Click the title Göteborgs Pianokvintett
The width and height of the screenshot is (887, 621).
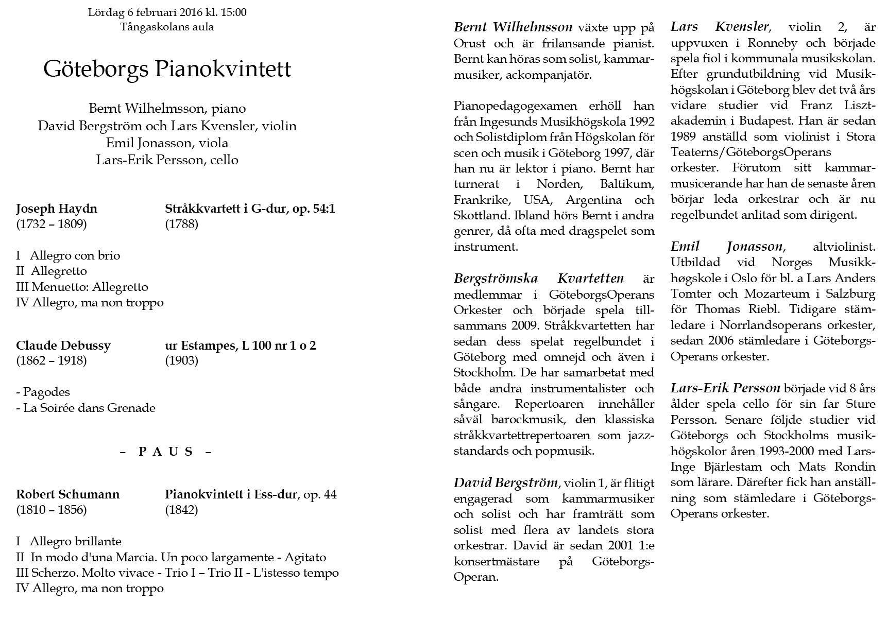click(x=167, y=69)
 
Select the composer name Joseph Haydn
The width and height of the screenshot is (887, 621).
click(x=56, y=209)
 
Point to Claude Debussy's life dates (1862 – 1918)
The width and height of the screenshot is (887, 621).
click(x=51, y=360)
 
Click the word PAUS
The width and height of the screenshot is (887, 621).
click(x=166, y=452)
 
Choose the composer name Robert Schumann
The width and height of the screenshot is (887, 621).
click(x=67, y=494)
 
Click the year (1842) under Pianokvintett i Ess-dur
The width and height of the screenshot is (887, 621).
click(x=181, y=510)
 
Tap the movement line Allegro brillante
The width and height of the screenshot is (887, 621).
click(x=75, y=541)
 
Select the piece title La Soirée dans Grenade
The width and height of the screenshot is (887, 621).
click(x=89, y=408)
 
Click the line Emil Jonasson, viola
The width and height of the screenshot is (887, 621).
click(x=167, y=143)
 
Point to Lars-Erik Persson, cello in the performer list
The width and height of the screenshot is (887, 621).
click(x=167, y=160)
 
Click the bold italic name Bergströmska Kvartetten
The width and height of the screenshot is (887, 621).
click(x=538, y=279)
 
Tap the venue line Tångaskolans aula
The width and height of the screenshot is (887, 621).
click(x=167, y=27)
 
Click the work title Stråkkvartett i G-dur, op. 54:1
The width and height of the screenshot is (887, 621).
click(x=250, y=209)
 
